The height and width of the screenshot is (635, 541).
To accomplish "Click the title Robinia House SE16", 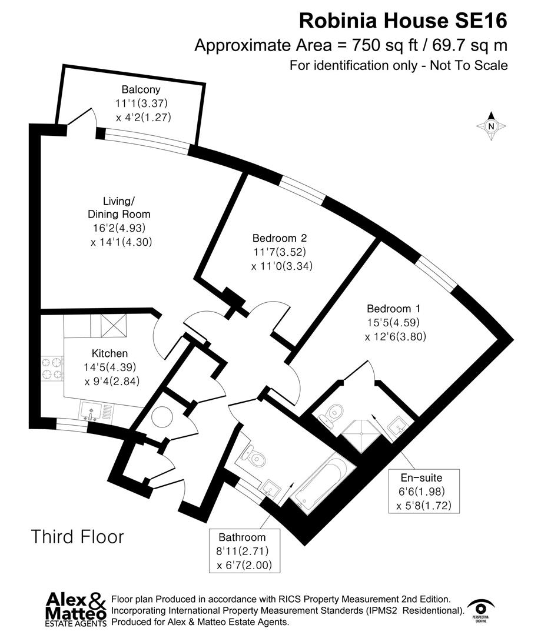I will (403, 21).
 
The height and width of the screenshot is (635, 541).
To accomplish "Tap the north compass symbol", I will (492, 126).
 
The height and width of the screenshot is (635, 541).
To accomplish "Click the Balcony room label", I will (141, 90).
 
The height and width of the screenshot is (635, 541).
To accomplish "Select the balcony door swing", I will (84, 117).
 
